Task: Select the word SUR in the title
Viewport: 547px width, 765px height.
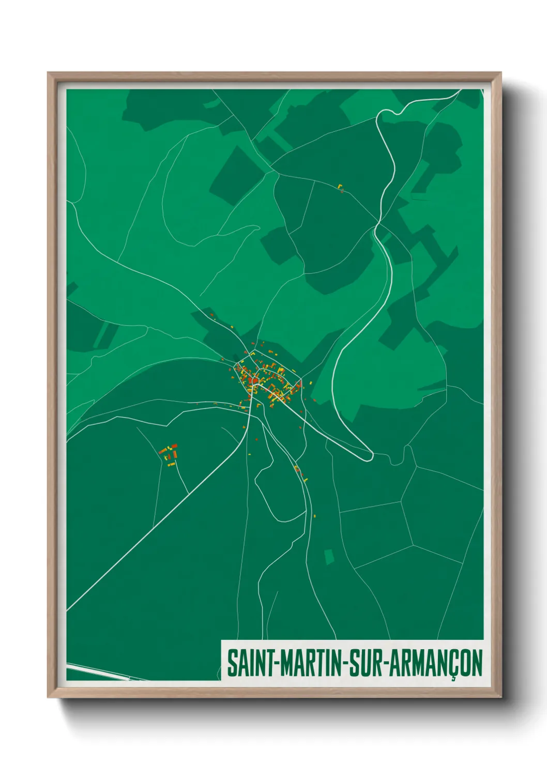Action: pos(366,663)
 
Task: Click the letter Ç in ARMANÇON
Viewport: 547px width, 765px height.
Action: pos(453,665)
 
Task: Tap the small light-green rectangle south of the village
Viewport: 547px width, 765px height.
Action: pos(328,556)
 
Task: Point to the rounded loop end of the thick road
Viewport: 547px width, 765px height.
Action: pos(368,456)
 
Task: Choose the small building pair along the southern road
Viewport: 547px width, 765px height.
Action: pos(298,469)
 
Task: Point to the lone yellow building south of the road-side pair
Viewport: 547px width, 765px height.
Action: pos(315,515)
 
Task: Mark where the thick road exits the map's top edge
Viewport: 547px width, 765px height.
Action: pos(459,91)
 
